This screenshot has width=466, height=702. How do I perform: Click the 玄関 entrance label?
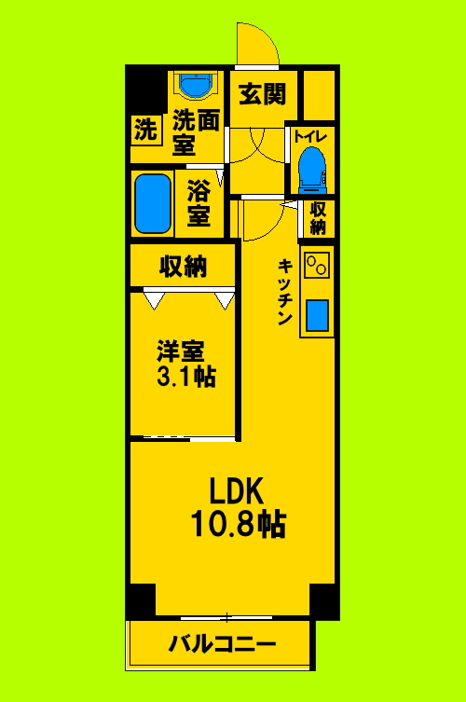261,94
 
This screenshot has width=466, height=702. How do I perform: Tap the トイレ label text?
309,136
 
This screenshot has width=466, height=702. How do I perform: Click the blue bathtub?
153,203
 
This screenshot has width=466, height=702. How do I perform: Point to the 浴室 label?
199,203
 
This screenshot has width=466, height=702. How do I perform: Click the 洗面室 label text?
197,131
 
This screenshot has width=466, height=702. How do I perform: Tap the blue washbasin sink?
196,87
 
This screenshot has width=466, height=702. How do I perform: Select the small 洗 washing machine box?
144,131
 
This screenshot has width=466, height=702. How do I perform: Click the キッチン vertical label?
285,292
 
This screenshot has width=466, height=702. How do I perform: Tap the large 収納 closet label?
183,267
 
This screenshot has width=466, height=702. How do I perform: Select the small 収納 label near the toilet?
318,218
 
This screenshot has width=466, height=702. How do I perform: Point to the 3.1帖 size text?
185,377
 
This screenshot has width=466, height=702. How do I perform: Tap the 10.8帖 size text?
238,526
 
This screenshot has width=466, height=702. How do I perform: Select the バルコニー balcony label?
222,644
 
